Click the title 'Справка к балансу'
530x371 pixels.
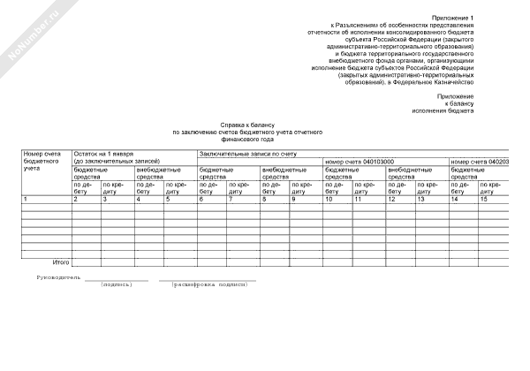pyautogui.click(x=249, y=125)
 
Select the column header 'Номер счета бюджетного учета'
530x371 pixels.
pyautogui.click(x=42, y=162)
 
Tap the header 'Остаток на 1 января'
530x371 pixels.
pyautogui.click(x=104, y=154)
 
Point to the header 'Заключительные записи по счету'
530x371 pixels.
pyautogui.click(x=248, y=154)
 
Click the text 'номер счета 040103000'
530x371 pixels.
pyautogui.click(x=360, y=162)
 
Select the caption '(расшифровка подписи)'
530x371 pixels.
pyautogui.click(x=208, y=285)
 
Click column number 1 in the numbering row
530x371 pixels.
pyautogui.click(x=26, y=199)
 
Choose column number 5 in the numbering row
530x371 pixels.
pyautogui.click(x=167, y=199)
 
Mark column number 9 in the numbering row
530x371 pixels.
pyautogui.click(x=293, y=199)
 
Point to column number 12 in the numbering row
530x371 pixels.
pyautogui.click(x=391, y=199)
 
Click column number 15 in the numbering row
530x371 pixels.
pyautogui.click(x=484, y=199)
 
